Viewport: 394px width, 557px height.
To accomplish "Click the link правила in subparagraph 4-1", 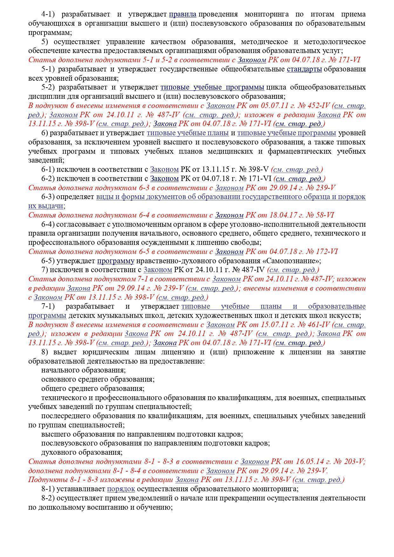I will tap(182, 14).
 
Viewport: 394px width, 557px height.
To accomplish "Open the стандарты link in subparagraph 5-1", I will tap(304, 69).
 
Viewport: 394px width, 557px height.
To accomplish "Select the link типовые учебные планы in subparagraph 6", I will tap(187, 133).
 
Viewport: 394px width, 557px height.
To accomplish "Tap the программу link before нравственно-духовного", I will tap(116, 261).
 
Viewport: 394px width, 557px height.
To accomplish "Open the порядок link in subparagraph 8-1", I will tap(121, 489).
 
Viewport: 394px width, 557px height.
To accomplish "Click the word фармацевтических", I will tap(299, 151).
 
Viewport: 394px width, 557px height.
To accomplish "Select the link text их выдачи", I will tap(46, 206).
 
